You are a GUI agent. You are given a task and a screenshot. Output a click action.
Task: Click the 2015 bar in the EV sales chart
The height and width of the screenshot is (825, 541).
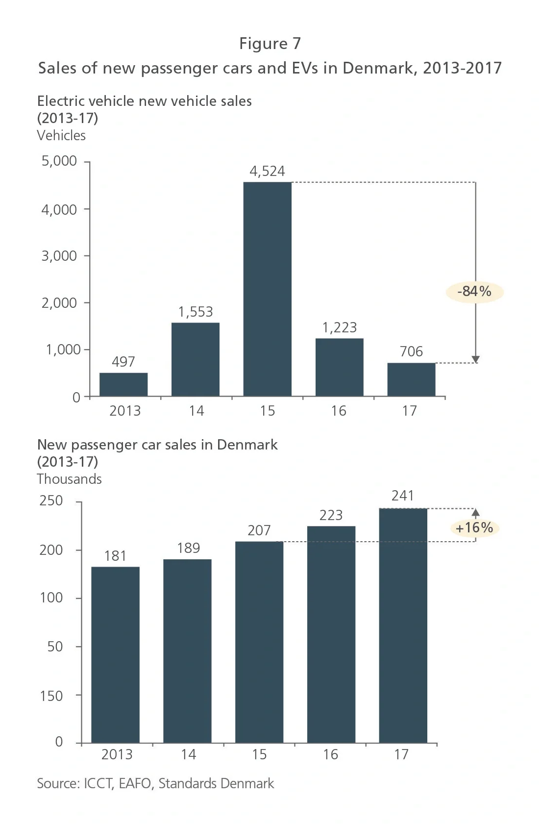pyautogui.click(x=268, y=289)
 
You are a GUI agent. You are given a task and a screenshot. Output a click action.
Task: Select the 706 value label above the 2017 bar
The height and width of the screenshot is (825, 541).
pyautogui.click(x=411, y=351)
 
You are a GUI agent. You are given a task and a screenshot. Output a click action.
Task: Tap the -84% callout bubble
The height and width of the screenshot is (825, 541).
pyautogui.click(x=474, y=292)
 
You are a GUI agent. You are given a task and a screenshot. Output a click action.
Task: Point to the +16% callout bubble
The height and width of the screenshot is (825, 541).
pyautogui.click(x=474, y=528)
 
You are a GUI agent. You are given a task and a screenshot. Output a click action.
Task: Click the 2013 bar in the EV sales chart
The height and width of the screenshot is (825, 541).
pyautogui.click(x=123, y=384)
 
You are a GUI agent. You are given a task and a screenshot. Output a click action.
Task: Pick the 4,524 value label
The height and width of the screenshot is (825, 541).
pyautogui.click(x=267, y=171)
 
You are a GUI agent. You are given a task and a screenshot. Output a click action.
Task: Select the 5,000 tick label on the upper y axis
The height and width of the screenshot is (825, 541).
pyautogui.click(x=59, y=161)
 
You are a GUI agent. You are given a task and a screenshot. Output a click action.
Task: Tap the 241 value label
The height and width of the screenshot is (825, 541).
pyautogui.click(x=403, y=496)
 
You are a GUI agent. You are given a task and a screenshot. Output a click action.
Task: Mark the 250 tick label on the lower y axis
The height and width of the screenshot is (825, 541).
pyautogui.click(x=51, y=500)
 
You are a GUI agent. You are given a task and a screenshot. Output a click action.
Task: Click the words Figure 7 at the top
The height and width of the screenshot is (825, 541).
pyautogui.click(x=270, y=44)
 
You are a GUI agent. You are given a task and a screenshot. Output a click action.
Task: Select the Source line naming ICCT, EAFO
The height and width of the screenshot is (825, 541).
pyautogui.click(x=155, y=783)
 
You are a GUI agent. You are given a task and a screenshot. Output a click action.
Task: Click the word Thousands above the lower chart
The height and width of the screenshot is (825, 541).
pyautogui.click(x=70, y=479)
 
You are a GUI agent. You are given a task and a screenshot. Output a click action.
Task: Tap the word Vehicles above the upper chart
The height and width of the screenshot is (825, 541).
pyautogui.click(x=61, y=135)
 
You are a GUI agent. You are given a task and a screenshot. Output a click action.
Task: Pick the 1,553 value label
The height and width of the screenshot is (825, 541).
pyautogui.click(x=196, y=312)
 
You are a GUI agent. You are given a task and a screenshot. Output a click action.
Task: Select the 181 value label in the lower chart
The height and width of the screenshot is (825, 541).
pyautogui.click(x=115, y=556)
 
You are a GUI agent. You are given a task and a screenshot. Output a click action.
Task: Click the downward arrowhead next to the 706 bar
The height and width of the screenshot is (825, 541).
pyautogui.click(x=475, y=359)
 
